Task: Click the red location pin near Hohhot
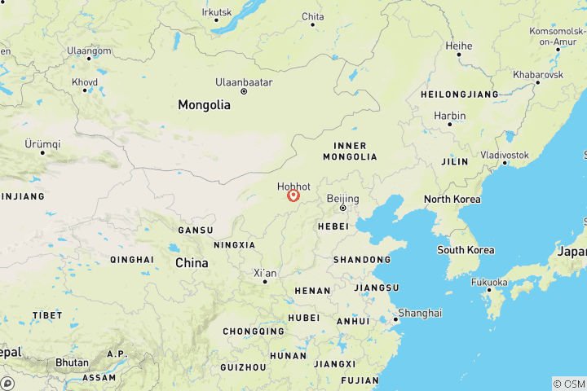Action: coord(293,195)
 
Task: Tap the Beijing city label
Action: coord(342,198)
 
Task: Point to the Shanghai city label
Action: coord(420,313)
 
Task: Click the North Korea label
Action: coord(452,200)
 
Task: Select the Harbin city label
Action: coord(449,116)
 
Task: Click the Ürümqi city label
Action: coord(42,143)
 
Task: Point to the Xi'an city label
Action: coord(265,272)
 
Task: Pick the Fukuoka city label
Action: coord(488,282)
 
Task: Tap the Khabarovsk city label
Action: coord(537,74)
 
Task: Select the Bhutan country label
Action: coord(73,362)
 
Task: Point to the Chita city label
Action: coord(312,16)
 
